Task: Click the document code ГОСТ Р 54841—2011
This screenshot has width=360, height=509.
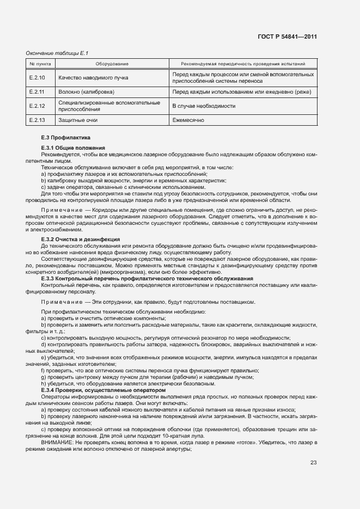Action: click(287, 37)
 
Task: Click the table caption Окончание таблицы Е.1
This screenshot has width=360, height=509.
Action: click(57, 53)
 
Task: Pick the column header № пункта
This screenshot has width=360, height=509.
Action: click(39, 64)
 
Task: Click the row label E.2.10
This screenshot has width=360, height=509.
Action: click(38, 78)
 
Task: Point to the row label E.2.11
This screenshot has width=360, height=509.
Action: click(38, 92)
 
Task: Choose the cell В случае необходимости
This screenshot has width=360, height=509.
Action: click(204, 106)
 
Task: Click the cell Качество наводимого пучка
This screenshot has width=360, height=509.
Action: click(93, 78)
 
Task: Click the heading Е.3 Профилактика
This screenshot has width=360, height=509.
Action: click(62, 138)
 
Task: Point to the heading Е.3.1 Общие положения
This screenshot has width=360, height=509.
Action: click(73, 148)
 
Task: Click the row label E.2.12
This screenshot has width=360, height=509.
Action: click(38, 106)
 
